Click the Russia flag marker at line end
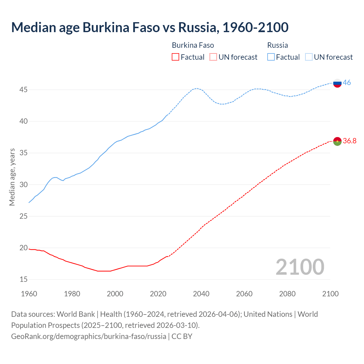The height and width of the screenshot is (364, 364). (337, 83)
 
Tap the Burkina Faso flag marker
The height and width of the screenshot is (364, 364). (337, 141)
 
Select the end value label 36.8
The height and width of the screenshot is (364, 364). (349, 141)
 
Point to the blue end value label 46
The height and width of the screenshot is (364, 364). (347, 83)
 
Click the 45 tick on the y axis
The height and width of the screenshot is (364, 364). (23, 90)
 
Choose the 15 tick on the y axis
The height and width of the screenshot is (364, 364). (23, 280)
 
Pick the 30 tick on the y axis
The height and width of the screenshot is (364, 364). (23, 185)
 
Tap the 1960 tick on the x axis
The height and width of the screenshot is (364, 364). (29, 294)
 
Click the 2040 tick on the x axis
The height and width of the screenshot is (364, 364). (201, 294)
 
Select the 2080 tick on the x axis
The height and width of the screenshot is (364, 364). (287, 294)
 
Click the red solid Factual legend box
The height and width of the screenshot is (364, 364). (175, 57)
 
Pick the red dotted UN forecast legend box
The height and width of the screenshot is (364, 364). (213, 57)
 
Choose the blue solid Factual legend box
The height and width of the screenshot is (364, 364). (271, 57)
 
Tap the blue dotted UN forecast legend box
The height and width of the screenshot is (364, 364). (309, 57)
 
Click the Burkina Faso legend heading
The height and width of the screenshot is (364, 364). (193, 45)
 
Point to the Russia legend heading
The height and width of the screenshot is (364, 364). (278, 45)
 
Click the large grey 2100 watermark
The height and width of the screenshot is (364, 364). (300, 267)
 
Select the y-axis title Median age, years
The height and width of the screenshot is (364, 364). (12, 177)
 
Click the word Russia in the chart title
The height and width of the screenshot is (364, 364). (198, 27)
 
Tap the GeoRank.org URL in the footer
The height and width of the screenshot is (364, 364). (88, 336)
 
